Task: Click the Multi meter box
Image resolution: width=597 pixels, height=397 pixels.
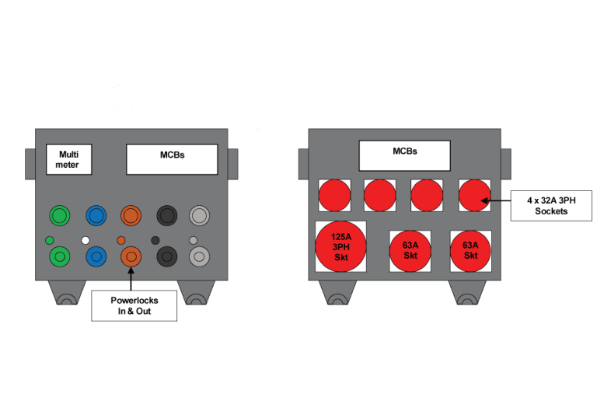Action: coord(68,159)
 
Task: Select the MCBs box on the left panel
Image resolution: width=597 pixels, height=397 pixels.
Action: coord(172,159)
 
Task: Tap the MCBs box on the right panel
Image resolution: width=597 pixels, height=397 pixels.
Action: coord(404,155)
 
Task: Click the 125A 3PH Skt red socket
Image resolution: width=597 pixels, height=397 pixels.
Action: coord(340,247)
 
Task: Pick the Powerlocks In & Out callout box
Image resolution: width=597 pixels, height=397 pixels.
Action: coord(134,305)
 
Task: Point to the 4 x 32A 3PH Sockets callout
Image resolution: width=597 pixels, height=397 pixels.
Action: coord(550,205)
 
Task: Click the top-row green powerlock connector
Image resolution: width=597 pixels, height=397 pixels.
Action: coord(59,215)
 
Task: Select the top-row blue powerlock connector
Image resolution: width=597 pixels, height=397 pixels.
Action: coord(96,215)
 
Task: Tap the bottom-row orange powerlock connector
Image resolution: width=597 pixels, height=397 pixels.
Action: coord(131,255)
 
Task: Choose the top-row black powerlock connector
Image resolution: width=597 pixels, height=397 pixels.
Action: coord(167,215)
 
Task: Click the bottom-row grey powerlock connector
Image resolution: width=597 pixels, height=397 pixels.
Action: coord(200,255)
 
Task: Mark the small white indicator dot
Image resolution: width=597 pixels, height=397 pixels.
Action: coord(86,239)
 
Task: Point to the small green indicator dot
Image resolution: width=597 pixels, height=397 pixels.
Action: coord(50,239)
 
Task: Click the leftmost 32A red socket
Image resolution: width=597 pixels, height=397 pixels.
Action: coord(334,195)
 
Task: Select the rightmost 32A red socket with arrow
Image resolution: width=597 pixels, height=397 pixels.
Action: coord(474,195)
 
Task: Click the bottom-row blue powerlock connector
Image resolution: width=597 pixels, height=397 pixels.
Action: coord(96,255)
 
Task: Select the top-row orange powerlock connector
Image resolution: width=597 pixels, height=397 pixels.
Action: coord(131,215)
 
